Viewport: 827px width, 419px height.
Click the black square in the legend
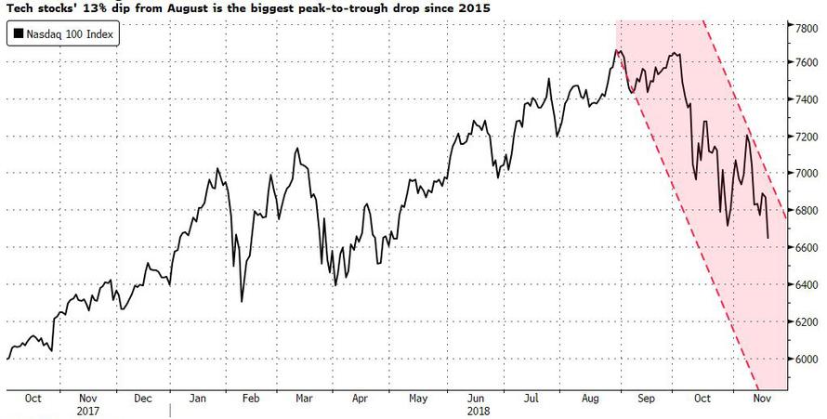click(19, 37)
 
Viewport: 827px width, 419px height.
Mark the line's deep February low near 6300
click(242, 301)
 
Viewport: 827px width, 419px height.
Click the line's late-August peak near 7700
click(616, 49)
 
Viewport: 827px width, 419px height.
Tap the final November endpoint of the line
click(768, 239)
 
